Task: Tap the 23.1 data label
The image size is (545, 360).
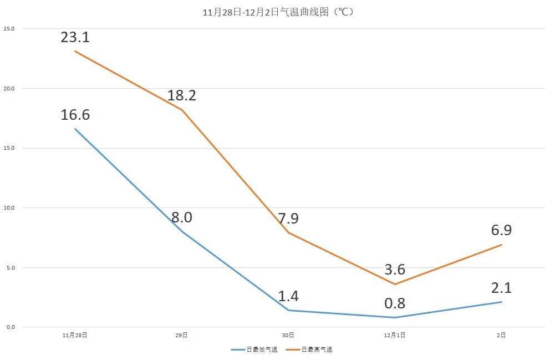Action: [x=75, y=38]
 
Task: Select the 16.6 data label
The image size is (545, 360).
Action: [x=75, y=115]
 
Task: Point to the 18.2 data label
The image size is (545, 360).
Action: [x=182, y=95]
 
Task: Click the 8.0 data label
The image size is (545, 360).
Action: [x=181, y=217]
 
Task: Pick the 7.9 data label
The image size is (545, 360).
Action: [x=288, y=219]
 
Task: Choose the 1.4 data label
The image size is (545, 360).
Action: [x=288, y=296]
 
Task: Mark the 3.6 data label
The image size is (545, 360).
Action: [x=395, y=270]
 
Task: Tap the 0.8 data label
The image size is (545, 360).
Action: [x=395, y=303]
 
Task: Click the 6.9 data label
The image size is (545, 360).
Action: [x=501, y=230]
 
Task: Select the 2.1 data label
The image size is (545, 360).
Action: [x=501, y=288]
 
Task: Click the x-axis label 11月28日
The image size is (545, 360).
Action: [x=75, y=335]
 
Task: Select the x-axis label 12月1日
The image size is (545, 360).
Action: [x=395, y=335]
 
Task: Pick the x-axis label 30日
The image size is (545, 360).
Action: [x=288, y=335]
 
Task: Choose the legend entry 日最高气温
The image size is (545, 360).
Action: [x=317, y=349]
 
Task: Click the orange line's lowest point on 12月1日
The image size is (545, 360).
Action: [x=395, y=284]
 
